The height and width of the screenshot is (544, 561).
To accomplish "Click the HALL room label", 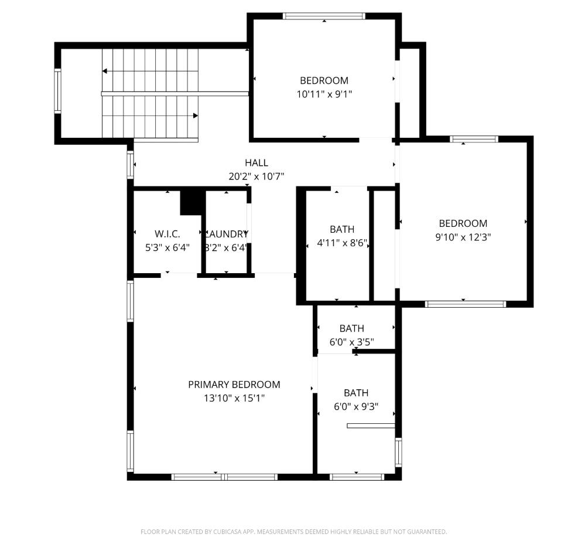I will click(256, 163).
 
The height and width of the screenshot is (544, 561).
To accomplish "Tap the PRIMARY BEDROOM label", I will click(234, 385).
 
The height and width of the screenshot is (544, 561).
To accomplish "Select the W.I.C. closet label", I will click(167, 233).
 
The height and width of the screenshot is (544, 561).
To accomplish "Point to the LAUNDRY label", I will click(226, 233).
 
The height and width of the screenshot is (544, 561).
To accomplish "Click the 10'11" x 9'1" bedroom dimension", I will click(324, 94).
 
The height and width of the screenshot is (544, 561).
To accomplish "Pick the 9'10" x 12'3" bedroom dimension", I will click(463, 237).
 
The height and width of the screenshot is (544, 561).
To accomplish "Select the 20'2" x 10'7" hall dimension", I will click(256, 176).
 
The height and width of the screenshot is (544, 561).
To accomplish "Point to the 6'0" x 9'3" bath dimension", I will click(355, 406).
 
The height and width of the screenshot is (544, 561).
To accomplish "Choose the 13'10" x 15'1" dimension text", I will click(234, 398).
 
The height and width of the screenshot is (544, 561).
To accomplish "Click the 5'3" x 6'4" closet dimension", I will click(167, 247).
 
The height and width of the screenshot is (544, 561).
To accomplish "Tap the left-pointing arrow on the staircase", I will click(105, 71).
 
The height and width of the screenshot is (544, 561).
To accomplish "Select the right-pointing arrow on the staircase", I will click(195, 116).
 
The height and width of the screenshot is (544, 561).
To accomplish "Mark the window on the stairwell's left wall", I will click(57, 90).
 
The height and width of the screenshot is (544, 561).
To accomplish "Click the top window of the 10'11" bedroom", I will click(324, 16).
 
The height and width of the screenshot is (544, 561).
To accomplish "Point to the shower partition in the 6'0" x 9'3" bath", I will click(371, 426).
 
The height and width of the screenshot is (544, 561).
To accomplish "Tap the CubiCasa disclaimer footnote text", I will click(293, 532).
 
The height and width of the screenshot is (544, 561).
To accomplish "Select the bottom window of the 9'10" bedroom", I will click(465, 304).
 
